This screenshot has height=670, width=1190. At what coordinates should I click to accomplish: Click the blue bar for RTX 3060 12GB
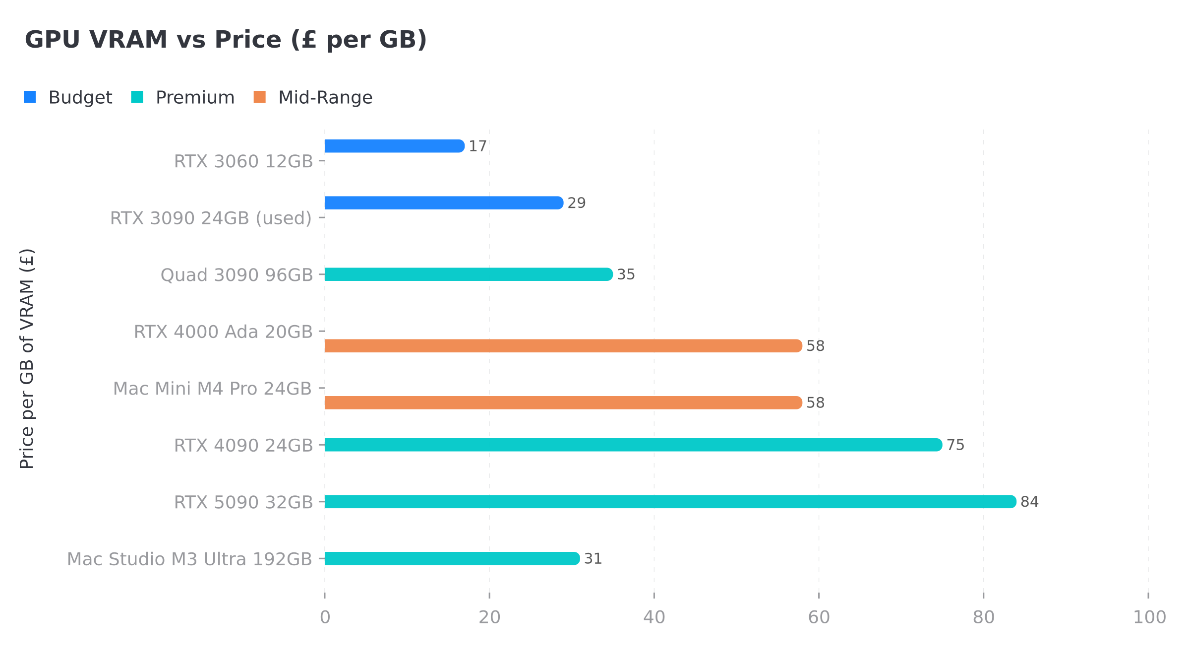pos(394,146)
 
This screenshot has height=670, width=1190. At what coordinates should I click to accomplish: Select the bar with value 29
pos(444,202)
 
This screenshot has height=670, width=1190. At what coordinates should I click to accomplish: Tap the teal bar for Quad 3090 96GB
pos(469,274)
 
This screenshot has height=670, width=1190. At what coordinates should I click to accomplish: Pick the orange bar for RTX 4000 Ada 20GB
pos(563,346)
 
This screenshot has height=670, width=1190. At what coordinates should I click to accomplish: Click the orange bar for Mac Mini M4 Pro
pos(563,402)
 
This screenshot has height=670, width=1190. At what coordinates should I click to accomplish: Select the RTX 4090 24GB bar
pos(633,445)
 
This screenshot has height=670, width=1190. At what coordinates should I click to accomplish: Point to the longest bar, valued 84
pos(670,501)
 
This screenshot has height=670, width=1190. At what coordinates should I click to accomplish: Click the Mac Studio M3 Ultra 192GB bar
pos(452,558)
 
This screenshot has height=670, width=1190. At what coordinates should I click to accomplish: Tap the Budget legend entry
pos(68,97)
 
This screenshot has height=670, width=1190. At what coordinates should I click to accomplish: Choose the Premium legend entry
pos(182,97)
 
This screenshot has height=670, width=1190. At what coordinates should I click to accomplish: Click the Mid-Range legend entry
pos(312,97)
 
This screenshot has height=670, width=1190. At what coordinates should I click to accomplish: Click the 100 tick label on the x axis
pos(1149,617)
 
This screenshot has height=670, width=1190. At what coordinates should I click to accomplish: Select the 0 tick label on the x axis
pos(325,617)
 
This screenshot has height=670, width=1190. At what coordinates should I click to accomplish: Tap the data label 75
pos(955,445)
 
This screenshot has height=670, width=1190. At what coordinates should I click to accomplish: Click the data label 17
pos(477,146)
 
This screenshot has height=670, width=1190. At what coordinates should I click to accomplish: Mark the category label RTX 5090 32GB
pos(243,502)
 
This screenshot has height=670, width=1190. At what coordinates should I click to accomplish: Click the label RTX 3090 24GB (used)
pos(211,218)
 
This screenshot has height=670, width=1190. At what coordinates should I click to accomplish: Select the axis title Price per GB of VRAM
pos(27,358)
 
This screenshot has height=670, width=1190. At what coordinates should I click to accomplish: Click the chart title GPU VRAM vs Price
pos(226,40)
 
